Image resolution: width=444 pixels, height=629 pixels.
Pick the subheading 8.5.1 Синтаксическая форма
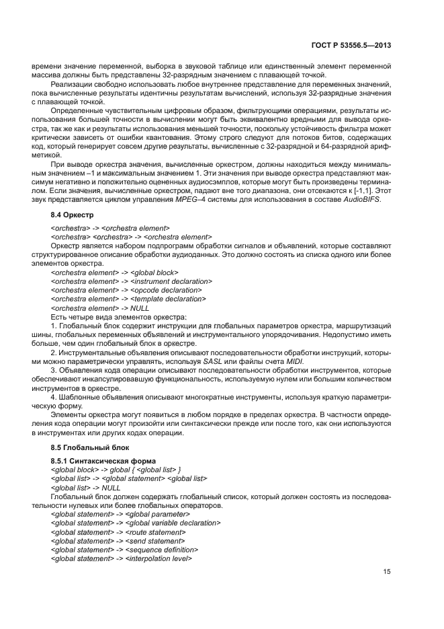pos(102,461)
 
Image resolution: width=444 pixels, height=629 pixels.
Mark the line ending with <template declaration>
pos(128,299)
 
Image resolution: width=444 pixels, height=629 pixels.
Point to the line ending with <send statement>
pos(118,541)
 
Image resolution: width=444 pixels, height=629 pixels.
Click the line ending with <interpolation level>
pos(122,558)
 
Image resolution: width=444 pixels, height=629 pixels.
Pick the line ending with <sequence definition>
pos(125,550)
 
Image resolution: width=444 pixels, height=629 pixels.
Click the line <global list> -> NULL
pos(86,487)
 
